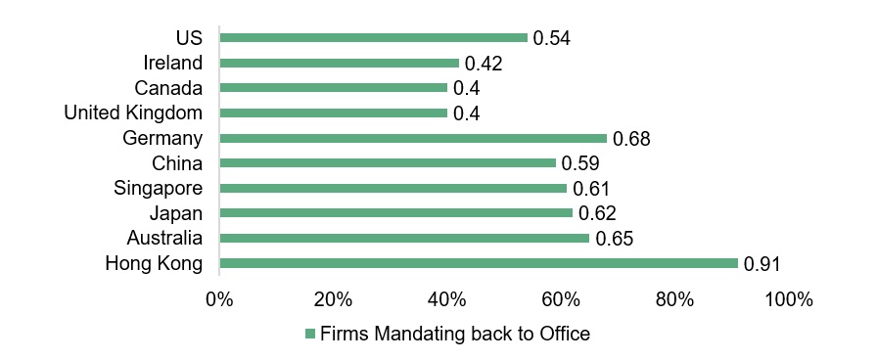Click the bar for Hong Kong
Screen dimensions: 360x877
[479, 263]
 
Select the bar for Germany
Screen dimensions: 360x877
[413, 138]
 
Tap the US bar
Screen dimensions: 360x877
[373, 38]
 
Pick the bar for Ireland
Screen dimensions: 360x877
[339, 63]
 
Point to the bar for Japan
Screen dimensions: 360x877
[395, 213]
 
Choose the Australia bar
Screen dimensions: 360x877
[404, 238]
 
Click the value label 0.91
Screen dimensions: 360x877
[762, 264]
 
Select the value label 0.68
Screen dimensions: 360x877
[630, 139]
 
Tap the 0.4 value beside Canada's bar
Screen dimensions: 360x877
[465, 89]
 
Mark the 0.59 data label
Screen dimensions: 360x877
[579, 164]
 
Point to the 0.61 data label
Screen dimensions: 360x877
[590, 189]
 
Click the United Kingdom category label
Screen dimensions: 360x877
[133, 113]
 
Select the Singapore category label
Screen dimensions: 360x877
[158, 188]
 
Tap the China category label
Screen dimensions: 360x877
[177, 163]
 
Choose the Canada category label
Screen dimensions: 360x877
[168, 88]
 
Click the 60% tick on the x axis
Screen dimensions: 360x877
[560, 299]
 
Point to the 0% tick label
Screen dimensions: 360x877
[219, 299]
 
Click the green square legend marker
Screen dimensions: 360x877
[310, 335]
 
